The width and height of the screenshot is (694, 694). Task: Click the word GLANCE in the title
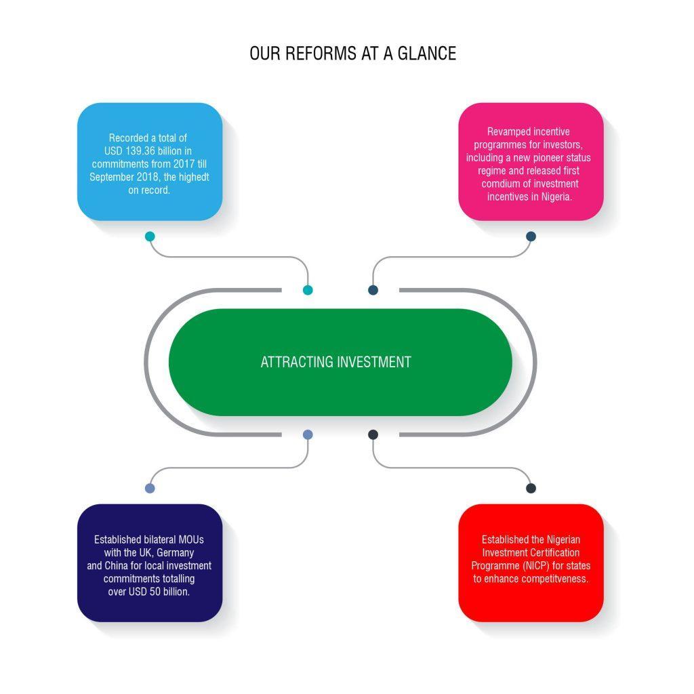click(427, 54)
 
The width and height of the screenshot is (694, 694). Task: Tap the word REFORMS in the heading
click(321, 54)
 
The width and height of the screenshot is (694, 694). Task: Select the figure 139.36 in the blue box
click(140, 151)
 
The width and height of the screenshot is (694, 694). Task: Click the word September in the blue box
click(108, 178)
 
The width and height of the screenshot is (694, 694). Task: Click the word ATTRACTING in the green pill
click(297, 362)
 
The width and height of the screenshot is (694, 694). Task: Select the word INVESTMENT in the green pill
click(374, 362)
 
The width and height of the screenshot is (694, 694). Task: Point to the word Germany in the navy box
click(176, 553)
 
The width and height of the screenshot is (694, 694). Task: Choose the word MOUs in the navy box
click(191, 539)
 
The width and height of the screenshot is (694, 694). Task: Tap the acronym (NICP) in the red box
click(535, 566)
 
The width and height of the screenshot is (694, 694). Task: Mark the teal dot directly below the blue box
click(150, 237)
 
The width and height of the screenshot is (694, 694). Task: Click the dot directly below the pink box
click(531, 237)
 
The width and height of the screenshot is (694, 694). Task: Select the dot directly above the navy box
click(150, 488)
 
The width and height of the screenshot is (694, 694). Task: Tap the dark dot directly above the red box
click(531, 488)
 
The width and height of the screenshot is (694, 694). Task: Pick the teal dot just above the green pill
click(308, 290)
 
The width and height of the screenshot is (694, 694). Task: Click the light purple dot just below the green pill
click(308, 434)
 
